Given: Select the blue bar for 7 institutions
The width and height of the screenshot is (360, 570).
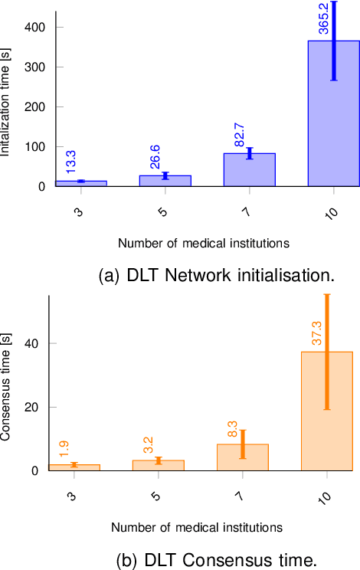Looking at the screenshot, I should pyautogui.click(x=250, y=170).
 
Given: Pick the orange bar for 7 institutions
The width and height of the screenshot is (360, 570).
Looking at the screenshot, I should pyautogui.click(x=243, y=457).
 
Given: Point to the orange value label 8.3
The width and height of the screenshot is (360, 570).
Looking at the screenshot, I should pyautogui.click(x=233, y=427).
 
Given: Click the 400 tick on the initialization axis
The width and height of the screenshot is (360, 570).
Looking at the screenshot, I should pyautogui.click(x=34, y=28).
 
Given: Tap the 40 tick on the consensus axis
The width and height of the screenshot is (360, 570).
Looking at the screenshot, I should pyautogui.click(x=34, y=344).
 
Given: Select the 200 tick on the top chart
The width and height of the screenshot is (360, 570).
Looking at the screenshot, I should pyautogui.click(x=34, y=107).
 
